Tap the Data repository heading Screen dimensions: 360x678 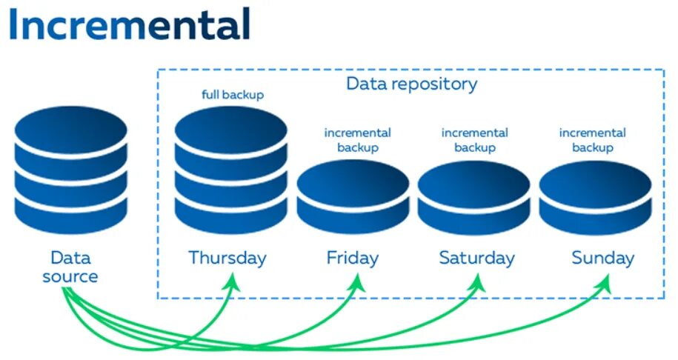[411, 84]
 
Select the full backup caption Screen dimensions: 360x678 [232, 95]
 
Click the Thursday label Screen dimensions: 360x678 [227, 258]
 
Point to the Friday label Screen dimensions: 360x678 [353, 258]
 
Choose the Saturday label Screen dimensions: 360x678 [476, 258]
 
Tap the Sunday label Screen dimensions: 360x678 [602, 258]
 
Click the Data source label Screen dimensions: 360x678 [70, 267]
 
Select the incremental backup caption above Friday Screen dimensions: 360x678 [357, 140]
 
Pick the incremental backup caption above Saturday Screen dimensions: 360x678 [474, 140]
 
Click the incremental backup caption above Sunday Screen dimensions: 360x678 [592, 140]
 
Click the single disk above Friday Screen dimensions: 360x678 [353, 196]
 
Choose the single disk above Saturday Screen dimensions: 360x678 [473, 196]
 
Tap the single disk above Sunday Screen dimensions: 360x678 [595, 196]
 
